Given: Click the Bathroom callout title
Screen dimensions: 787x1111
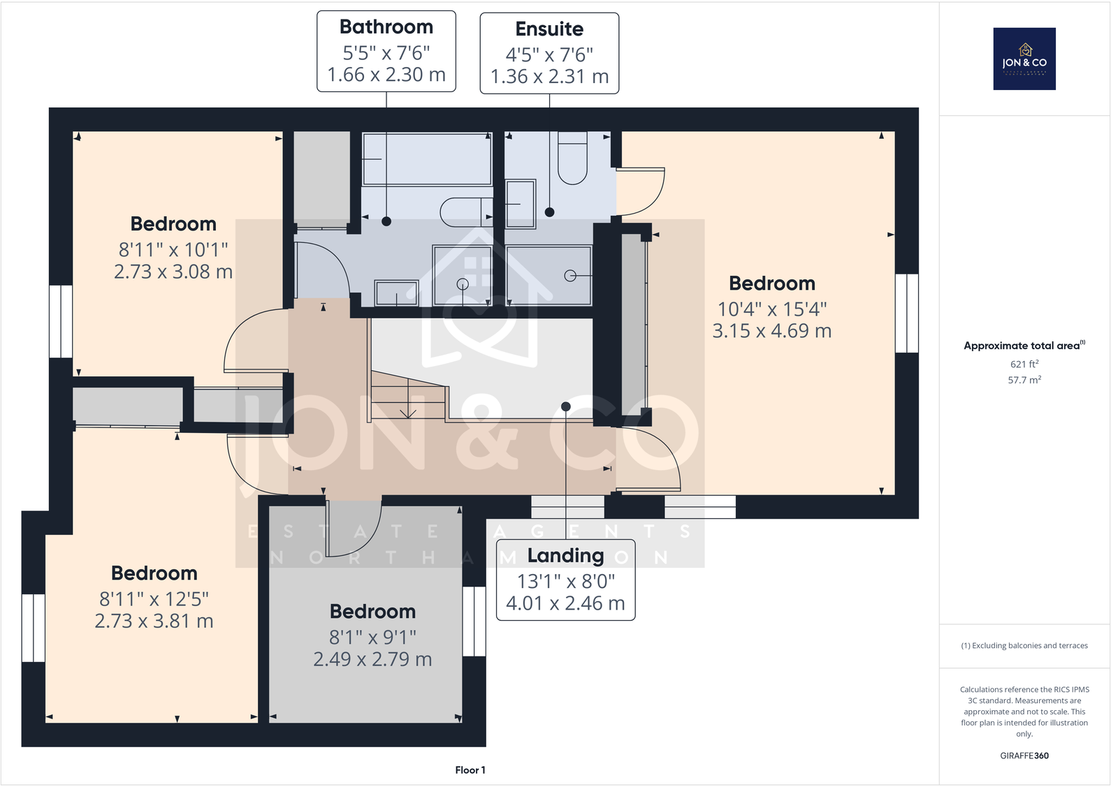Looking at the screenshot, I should coord(386,27).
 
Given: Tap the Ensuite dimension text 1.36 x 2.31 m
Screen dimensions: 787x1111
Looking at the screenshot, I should coord(549,77).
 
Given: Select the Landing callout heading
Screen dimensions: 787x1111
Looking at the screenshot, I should coord(565,556).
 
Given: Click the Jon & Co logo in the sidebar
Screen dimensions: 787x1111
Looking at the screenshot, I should coord(1024,59).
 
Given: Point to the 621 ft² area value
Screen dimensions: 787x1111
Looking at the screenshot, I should coord(1024,364).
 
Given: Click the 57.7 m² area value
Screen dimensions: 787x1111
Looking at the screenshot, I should coord(1024,380).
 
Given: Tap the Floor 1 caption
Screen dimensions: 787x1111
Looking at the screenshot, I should coord(470,770).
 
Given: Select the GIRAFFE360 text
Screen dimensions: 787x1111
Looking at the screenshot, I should coord(1024,756).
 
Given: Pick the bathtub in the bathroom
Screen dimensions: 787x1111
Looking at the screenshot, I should coord(427,159).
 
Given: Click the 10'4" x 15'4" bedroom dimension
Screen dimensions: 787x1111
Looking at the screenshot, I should coord(771,309).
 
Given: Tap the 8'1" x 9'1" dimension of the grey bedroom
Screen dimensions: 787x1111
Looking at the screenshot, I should coord(372,637).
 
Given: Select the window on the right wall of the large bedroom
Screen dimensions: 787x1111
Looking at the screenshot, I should coord(906,313).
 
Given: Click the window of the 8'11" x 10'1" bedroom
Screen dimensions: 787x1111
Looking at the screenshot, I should coord(61,321).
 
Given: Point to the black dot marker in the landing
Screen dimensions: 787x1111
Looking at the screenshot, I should coord(566,406).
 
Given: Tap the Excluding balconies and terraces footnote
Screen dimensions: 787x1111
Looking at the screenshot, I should coord(1024,645).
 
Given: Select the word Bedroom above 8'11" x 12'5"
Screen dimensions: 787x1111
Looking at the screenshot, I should coord(154,573).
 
